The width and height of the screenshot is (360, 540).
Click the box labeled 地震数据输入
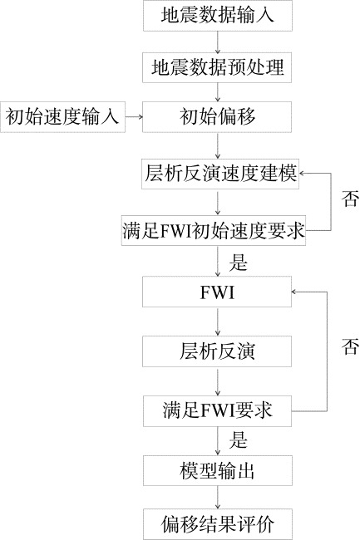click(218, 16)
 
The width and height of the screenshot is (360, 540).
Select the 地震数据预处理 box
click(217, 67)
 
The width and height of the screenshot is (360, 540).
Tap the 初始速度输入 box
click(62, 117)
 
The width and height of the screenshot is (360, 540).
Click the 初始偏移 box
click(217, 117)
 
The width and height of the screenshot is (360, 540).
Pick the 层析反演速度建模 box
click(220, 174)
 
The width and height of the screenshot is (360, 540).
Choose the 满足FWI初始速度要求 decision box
click(214, 230)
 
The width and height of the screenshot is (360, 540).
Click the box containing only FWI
click(217, 292)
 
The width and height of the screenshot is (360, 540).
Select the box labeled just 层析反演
click(217, 351)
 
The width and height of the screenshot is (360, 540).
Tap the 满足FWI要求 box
click(217, 411)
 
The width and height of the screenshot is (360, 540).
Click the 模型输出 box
click(218, 471)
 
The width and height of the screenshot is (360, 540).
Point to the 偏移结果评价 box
click(218, 524)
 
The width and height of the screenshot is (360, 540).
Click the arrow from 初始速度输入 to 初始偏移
click(134, 117)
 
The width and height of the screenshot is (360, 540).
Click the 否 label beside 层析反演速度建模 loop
click(350, 199)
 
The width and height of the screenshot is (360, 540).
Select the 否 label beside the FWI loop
click(350, 346)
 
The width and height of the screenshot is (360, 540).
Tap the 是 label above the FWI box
click(239, 262)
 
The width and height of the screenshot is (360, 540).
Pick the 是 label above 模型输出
click(239, 439)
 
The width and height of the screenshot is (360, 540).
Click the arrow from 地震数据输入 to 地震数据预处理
click(217, 42)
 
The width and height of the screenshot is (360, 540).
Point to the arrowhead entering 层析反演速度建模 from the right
click(302, 174)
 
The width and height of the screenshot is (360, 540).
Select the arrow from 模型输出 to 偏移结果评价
click(217, 498)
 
